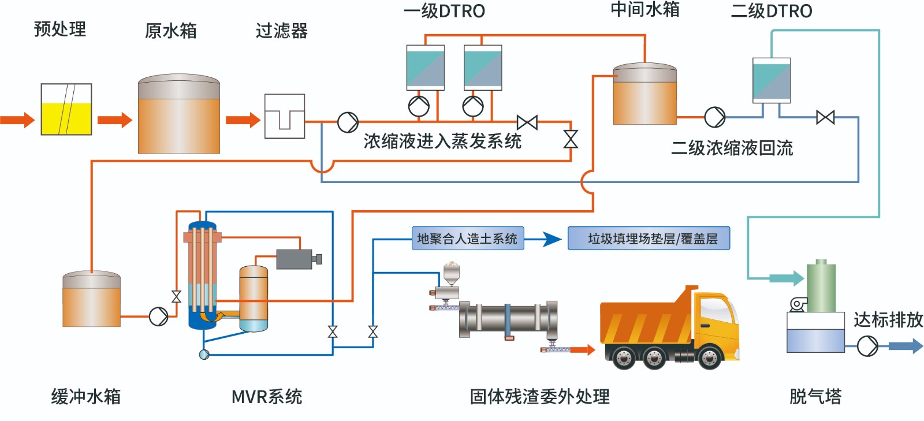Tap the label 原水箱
coord(170,31)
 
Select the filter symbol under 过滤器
coord(284,116)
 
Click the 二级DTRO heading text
coord(771,11)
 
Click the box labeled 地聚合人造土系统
coord(467,239)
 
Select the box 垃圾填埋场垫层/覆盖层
coord(649,239)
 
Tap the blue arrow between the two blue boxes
coord(546,239)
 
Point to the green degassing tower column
coord(821,286)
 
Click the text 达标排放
coord(888,319)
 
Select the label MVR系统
coord(266,397)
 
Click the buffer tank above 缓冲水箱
coord(91,299)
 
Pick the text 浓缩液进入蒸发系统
coord(442,141)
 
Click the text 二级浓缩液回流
coord(732,148)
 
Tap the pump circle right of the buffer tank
coord(158,316)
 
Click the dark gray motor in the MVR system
coord(296,259)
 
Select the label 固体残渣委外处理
coord(539,397)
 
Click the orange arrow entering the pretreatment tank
coord(17,120)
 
